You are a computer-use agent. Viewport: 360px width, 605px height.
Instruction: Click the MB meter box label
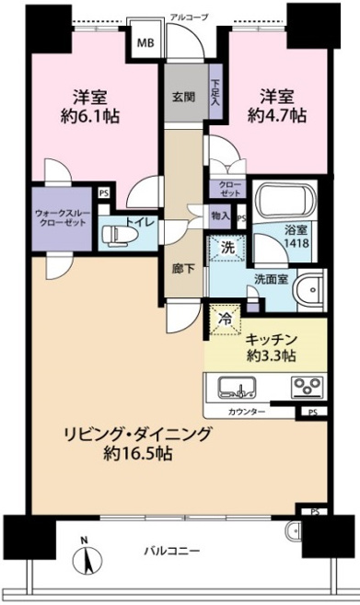coord(145,42)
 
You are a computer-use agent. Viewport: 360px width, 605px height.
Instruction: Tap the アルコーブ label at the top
coord(190,17)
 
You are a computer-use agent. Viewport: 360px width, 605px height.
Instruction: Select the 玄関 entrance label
coord(183,97)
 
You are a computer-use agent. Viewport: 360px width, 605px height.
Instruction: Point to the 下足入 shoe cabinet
coord(215,92)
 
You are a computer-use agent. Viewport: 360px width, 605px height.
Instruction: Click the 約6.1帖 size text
coord(90,116)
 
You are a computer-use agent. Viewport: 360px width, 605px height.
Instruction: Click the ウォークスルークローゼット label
coord(63,217)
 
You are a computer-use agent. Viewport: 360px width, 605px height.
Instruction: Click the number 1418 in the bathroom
coord(296,243)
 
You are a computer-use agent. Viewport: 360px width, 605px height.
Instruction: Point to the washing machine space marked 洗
coord(227,248)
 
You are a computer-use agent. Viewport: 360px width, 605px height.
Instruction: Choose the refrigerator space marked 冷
coord(225,319)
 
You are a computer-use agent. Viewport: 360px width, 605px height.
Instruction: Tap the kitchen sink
coord(237,388)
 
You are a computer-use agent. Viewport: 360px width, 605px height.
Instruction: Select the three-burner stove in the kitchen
coord(307,386)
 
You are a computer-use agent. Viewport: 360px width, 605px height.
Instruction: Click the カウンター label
coord(247,412)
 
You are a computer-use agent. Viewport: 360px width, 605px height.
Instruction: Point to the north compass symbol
coord(87,557)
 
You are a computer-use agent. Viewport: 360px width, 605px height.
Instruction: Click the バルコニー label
coord(172,551)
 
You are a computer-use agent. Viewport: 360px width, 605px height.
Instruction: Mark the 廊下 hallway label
coord(183,269)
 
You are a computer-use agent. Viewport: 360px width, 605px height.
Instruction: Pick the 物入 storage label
coord(221,216)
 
